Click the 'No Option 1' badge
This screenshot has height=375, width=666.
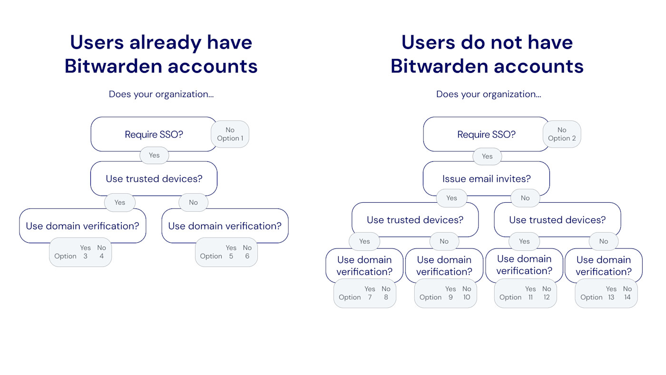[230, 134]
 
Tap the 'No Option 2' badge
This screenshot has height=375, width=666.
[562, 134]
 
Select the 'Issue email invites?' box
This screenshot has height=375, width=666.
[486, 179]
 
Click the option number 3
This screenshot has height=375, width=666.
[86, 256]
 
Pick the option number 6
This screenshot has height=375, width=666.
[247, 256]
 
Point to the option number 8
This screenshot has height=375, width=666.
[386, 297]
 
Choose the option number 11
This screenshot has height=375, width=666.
[530, 297]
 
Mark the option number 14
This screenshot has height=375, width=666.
[627, 297]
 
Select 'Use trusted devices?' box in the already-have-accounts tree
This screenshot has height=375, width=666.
[154, 179]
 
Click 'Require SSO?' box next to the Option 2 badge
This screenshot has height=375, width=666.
[486, 135]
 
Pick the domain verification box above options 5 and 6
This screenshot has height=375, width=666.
[225, 226]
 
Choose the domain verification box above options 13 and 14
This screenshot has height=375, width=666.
[603, 266]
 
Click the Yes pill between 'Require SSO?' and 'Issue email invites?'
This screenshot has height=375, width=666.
[487, 156]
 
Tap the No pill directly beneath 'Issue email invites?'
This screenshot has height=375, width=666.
[525, 198]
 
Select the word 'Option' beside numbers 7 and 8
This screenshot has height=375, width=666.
[350, 297]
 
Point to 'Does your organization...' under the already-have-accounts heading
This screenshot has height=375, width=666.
[161, 94]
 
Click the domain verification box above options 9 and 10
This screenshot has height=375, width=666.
[444, 266]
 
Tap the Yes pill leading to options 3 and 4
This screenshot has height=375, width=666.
[120, 202]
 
